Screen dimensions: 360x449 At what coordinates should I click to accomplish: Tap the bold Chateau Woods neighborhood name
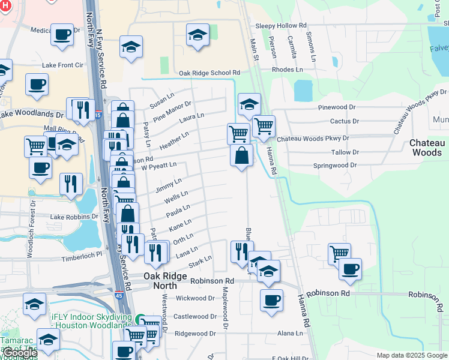[426, 148]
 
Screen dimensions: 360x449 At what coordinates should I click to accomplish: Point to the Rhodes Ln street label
[288, 70]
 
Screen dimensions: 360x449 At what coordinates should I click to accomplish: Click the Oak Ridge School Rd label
[209, 73]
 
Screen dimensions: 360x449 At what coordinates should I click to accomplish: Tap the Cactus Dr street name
[345, 121]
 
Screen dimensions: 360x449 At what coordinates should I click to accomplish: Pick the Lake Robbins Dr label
[74, 217]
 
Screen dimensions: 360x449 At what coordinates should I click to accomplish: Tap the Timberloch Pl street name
[82, 254]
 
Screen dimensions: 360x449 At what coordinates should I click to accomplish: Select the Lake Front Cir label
[62, 65]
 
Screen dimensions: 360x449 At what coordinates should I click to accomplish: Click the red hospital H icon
[5, 5]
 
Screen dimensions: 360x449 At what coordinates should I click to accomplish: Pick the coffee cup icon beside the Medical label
[62, 35]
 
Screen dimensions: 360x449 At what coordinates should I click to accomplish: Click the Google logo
[20, 353]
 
